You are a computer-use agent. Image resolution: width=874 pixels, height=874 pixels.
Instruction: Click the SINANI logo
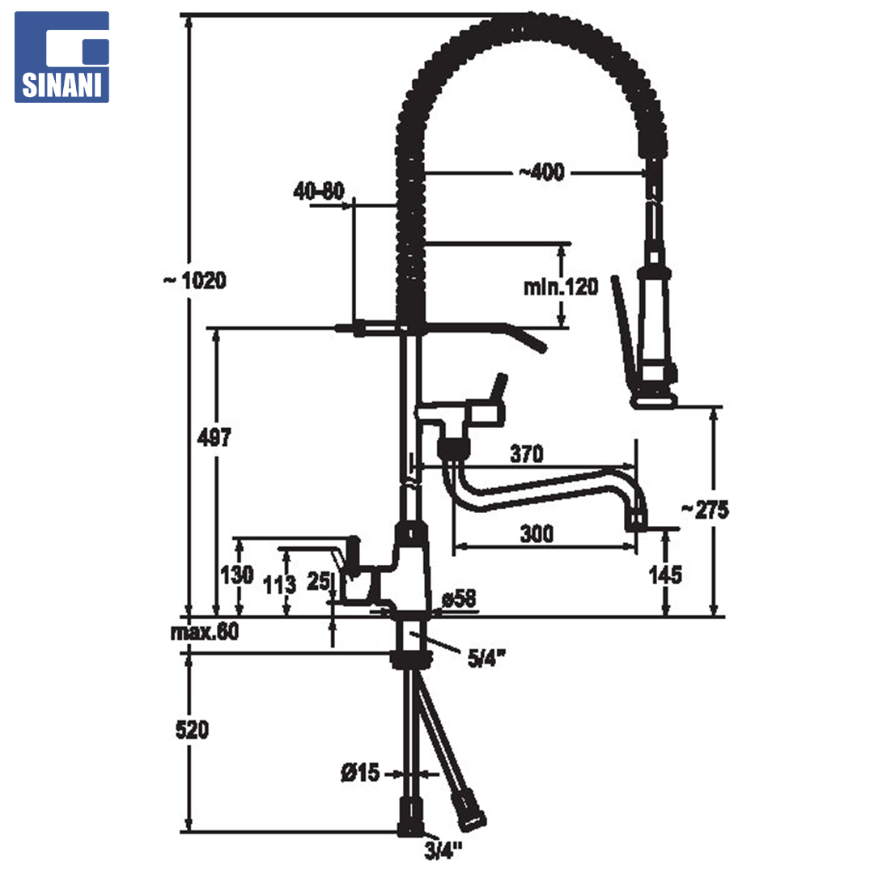coord(62,57)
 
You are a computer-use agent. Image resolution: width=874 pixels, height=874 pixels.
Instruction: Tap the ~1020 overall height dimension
coord(195,280)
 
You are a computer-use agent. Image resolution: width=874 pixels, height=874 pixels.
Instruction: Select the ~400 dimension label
coord(541,172)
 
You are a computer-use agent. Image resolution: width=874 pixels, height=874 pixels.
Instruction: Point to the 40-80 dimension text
coord(319,191)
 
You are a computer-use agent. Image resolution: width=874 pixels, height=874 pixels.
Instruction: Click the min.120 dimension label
coord(561,286)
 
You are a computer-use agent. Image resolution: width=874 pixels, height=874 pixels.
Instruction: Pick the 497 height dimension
coord(214,438)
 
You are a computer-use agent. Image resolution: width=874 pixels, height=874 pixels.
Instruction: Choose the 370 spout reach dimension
coord(527,454)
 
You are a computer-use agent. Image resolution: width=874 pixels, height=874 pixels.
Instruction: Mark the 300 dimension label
coord(537,534)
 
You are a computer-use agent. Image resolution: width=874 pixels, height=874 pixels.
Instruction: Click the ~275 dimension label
coord(705,510)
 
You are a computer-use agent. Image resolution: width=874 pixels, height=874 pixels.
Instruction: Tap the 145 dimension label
coord(665,575)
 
